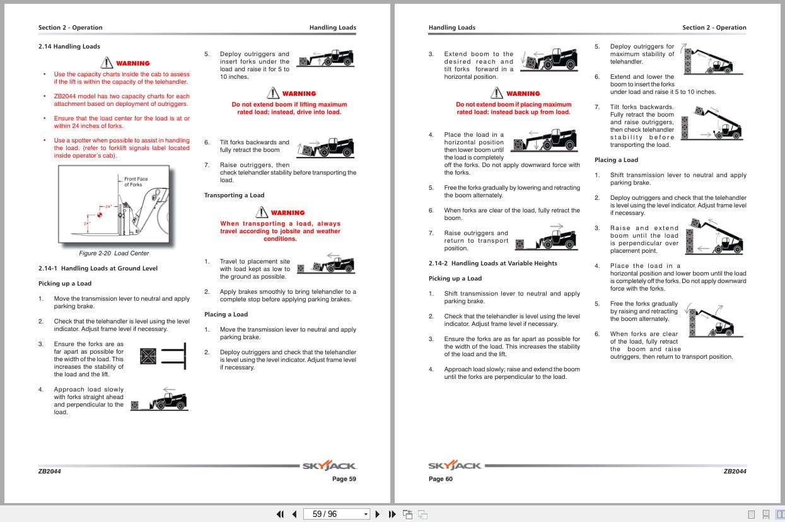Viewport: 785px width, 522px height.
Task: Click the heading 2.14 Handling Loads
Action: (69, 47)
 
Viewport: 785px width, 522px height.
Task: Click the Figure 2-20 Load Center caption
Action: (113, 253)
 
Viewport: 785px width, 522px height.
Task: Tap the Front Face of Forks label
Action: (135, 182)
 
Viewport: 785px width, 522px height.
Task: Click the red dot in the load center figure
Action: (99, 215)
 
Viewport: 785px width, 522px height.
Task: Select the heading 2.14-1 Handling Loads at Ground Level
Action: (98, 269)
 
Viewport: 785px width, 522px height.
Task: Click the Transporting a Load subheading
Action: (234, 195)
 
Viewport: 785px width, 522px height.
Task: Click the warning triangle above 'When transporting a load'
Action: (262, 212)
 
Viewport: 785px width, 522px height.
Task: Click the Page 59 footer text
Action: (344, 479)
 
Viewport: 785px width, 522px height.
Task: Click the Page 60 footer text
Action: (440, 479)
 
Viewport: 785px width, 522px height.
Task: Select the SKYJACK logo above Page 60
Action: (454, 466)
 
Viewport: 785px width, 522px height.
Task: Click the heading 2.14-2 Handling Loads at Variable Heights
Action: (492, 264)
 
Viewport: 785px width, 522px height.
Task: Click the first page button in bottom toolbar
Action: (280, 514)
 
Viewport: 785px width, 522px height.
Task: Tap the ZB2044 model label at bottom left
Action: (49, 471)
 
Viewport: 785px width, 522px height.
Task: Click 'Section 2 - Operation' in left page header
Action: (70, 28)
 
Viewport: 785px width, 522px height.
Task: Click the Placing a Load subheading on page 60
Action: (616, 160)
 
